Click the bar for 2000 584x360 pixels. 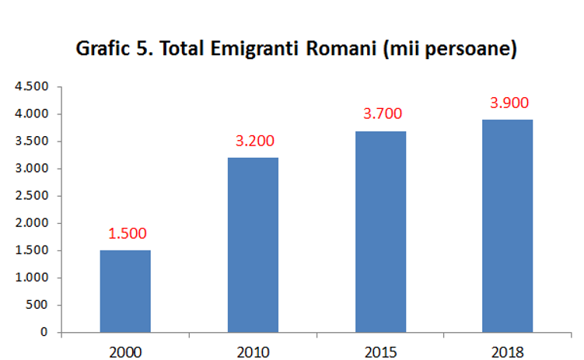[125, 291]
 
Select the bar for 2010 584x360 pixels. [253, 245]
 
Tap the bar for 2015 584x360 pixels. [381, 232]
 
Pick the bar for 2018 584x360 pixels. [508, 225]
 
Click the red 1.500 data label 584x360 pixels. [127, 233]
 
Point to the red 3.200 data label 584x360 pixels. [254, 142]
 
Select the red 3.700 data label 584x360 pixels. [382, 114]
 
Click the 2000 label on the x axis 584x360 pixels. [126, 351]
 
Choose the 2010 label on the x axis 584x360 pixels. [254, 351]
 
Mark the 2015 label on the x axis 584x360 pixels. [381, 351]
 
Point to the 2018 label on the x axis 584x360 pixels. [509, 351]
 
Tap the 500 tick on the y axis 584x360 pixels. [37, 305]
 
